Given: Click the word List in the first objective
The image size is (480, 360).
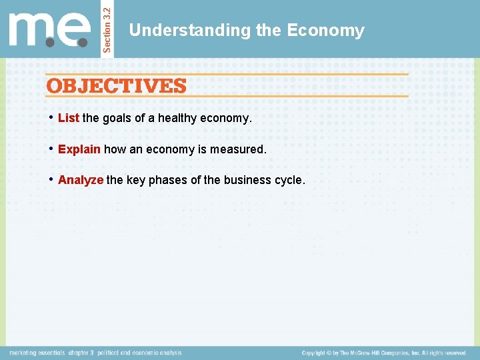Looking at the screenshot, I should tap(69, 118).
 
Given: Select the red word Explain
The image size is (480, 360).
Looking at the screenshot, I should tap(79, 149).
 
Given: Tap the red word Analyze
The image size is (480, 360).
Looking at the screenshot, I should tap(81, 180).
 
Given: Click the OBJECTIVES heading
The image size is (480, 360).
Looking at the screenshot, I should tap(116, 86).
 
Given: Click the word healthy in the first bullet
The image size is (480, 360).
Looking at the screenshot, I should tap(177, 118).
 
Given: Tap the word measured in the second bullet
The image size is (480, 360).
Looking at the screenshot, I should tap(237, 149).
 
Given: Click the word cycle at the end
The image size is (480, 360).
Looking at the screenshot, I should tap(289, 180).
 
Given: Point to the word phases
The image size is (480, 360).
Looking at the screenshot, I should tap(188, 180).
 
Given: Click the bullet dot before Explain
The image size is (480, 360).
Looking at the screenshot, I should tap(51, 149).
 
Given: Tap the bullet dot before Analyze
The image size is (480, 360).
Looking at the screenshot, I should tap(51, 179).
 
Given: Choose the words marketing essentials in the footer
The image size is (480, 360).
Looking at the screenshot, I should tap(37, 353).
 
